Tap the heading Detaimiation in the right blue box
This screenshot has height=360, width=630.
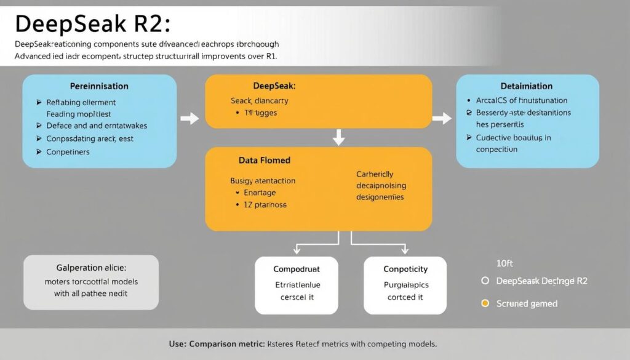[527, 86]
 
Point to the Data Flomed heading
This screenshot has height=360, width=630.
[264, 160]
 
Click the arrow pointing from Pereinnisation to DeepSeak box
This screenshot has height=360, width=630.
[191, 118]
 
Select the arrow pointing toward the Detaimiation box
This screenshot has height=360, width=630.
[441, 118]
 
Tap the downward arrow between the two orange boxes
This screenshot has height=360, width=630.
[338, 137]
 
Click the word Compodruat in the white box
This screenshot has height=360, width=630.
[297, 269]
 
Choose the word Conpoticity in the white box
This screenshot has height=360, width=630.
[405, 269]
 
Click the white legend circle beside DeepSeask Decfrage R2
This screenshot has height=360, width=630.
[485, 281]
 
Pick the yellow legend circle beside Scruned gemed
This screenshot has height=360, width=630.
[485, 303]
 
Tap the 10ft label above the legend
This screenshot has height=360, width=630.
[504, 263]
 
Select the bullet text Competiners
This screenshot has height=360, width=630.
[68, 152]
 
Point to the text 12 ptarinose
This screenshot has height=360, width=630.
[265, 204]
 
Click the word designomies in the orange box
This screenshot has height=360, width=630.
[380, 197]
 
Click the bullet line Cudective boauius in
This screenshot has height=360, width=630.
[513, 138]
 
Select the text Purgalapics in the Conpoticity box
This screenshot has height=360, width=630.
[405, 285]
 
